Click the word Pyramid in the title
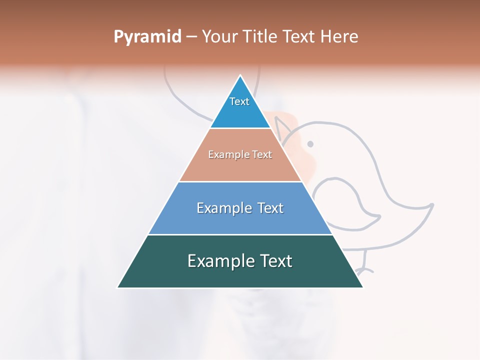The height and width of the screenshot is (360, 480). point(147,37)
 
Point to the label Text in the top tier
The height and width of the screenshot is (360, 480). point(239,101)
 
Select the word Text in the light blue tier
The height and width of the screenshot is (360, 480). point(267,208)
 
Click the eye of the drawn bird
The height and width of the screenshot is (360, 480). point(310,144)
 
